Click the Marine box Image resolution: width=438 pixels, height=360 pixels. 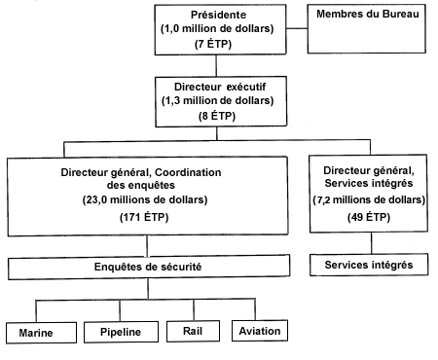[42, 333]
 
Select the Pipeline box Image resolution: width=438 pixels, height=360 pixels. [121, 333]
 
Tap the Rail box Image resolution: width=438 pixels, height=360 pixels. [193, 333]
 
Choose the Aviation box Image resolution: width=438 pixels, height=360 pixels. [260, 332]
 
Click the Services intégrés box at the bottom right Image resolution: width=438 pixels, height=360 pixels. [367, 266]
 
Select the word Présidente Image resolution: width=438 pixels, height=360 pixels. [218, 14]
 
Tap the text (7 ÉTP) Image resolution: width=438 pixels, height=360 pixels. [218, 45]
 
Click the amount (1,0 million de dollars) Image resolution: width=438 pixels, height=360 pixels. [218, 29]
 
